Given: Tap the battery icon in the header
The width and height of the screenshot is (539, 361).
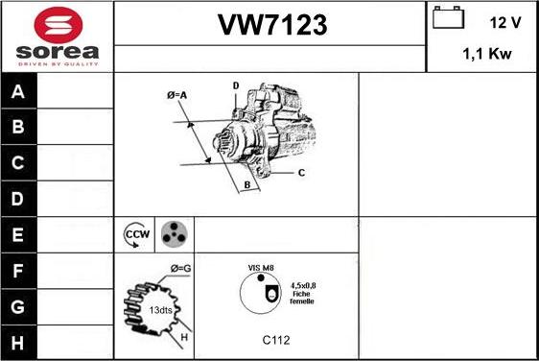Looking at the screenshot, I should [x=447, y=19].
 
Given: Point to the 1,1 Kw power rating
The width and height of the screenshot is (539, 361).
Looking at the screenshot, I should [x=486, y=54].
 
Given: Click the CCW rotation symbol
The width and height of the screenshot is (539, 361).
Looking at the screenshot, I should [x=137, y=234].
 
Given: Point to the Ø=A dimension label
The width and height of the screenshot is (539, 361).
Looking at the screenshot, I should [x=176, y=94].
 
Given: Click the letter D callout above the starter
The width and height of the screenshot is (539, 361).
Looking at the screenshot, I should [x=235, y=85].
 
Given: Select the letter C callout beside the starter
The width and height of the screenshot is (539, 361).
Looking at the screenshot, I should [x=300, y=173].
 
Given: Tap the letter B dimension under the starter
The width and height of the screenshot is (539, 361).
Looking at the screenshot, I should [x=246, y=183].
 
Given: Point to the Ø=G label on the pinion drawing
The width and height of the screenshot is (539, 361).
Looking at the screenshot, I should [x=181, y=267].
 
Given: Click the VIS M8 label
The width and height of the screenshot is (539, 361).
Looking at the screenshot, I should [x=262, y=269].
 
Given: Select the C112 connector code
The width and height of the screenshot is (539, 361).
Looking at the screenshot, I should [x=276, y=339].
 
